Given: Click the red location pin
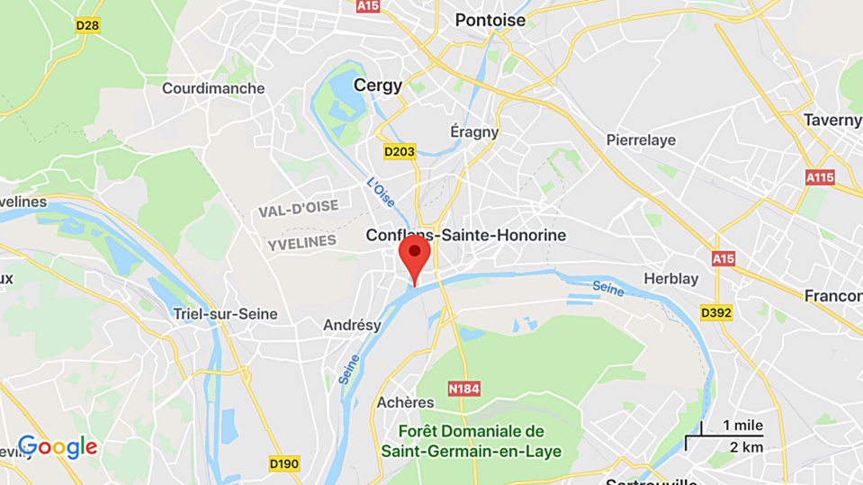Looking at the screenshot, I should click(x=414, y=256).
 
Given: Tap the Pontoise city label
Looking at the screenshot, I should click(x=490, y=20).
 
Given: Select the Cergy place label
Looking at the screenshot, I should click(x=378, y=85).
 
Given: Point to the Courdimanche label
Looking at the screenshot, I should click(x=213, y=88).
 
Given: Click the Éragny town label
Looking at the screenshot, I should click(x=474, y=131).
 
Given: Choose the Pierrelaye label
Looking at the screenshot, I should click(x=641, y=140).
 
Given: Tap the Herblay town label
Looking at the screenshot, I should click(x=671, y=279).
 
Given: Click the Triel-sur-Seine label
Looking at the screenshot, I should click(x=225, y=314).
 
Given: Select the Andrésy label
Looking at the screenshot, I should click(x=352, y=326).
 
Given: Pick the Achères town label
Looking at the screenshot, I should click(x=405, y=402).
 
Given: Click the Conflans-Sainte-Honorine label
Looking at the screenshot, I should click(x=466, y=235).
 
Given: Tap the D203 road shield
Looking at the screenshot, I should click(x=399, y=151).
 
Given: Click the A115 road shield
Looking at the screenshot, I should click(x=820, y=178).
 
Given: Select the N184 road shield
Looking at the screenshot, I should click(x=463, y=389).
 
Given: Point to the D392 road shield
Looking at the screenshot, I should click(x=716, y=313).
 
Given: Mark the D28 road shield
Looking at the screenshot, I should click(x=87, y=25).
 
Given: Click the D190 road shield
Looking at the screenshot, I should click(x=284, y=463).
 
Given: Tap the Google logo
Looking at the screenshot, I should click(x=58, y=447).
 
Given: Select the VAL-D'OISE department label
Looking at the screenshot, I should click(x=298, y=209).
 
